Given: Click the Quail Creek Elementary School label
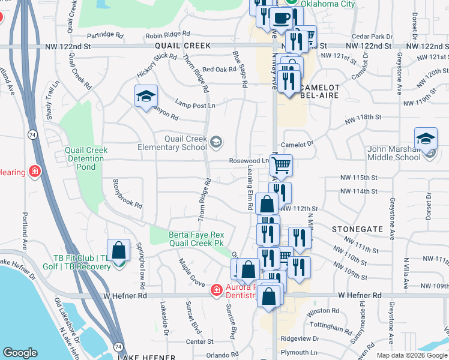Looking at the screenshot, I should (x=172, y=143).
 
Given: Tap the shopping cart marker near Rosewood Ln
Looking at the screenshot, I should (x=282, y=164).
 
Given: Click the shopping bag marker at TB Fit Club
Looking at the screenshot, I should (x=119, y=250).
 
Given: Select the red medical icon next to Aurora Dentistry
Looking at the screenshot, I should (x=215, y=290).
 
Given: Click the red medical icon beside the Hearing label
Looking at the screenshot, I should (x=35, y=172).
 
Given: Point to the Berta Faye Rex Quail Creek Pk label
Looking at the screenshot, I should (x=187, y=239).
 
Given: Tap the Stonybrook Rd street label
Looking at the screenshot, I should (x=128, y=193).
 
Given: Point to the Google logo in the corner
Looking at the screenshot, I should (x=20, y=353).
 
